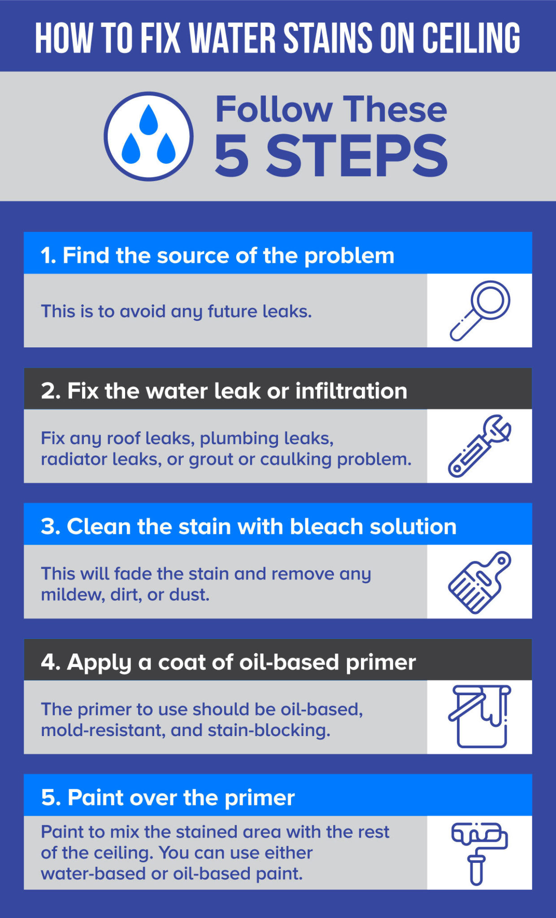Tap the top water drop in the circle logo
pos(148,120)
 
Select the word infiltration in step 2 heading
pos(351,391)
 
